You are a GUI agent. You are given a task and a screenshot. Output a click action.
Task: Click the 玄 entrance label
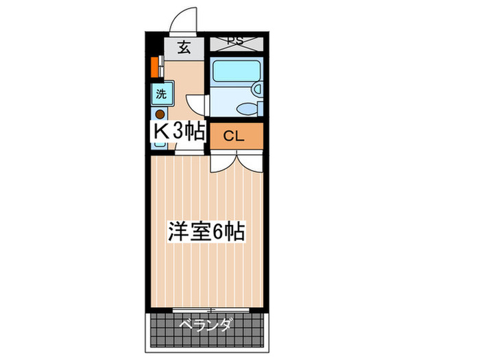coord(184,47)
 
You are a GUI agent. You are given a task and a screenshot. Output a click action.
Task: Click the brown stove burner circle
coord(159,115)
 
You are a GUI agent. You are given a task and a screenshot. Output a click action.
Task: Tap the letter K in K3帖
coord(160,132)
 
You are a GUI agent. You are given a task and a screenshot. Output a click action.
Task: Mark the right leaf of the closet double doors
coord(249,161)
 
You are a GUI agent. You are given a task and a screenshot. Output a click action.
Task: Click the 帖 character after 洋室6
coord(235,232)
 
